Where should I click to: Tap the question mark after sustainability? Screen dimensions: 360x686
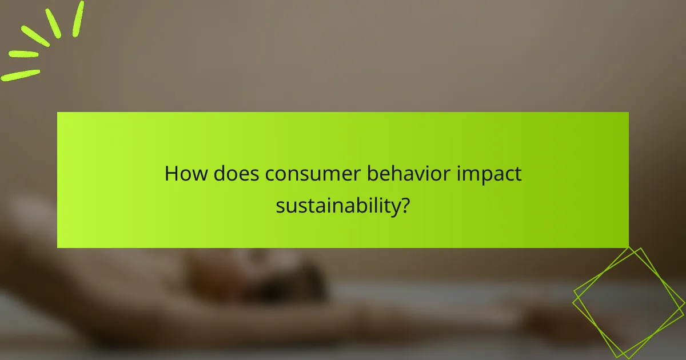pyautogui.click(x=405, y=204)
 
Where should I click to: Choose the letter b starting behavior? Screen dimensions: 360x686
pyautogui.click(x=371, y=174)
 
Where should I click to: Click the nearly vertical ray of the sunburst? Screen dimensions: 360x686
pyautogui.click(x=78, y=19)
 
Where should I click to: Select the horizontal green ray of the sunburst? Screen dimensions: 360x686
pyautogui.click(x=24, y=54)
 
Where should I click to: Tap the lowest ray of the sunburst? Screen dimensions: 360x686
pyautogui.click(x=21, y=75)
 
